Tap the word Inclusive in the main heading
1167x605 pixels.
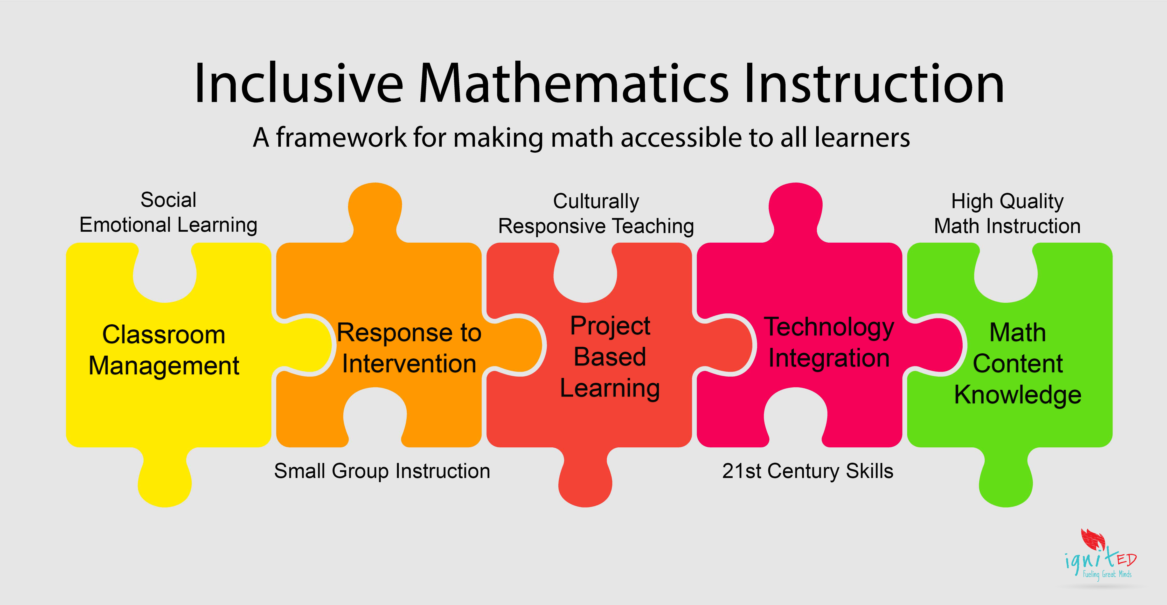[299, 84]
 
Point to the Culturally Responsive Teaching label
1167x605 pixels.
[596, 214]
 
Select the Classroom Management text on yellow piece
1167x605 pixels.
[164, 350]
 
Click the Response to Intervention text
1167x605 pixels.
[409, 348]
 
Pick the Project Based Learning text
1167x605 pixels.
[610, 357]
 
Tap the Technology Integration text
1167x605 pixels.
[829, 343]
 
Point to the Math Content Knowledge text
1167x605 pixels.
[1018, 364]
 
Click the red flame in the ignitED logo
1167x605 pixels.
[1093, 539]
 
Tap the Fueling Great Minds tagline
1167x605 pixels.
[1107, 574]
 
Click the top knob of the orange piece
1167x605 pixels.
[375, 210]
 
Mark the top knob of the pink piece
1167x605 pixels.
[796, 210]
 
